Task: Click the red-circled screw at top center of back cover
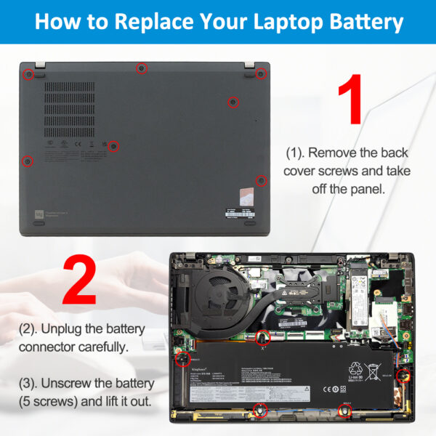click(x=142, y=68)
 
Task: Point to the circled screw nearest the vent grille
click(x=113, y=146)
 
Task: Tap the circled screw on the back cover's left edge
click(x=27, y=160)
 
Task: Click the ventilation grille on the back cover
click(x=69, y=109)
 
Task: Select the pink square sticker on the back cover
click(x=248, y=195)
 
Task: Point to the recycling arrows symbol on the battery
click(x=355, y=368)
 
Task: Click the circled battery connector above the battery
click(x=262, y=336)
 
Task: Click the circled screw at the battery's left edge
click(x=184, y=358)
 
